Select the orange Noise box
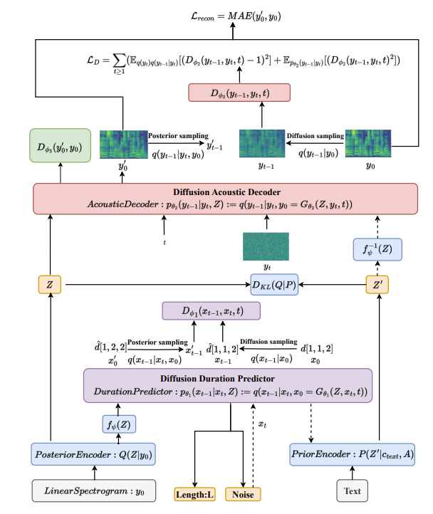(243, 493)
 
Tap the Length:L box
(195, 493)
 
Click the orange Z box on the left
(49, 285)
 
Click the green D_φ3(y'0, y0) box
(59, 147)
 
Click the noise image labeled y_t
(267, 247)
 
